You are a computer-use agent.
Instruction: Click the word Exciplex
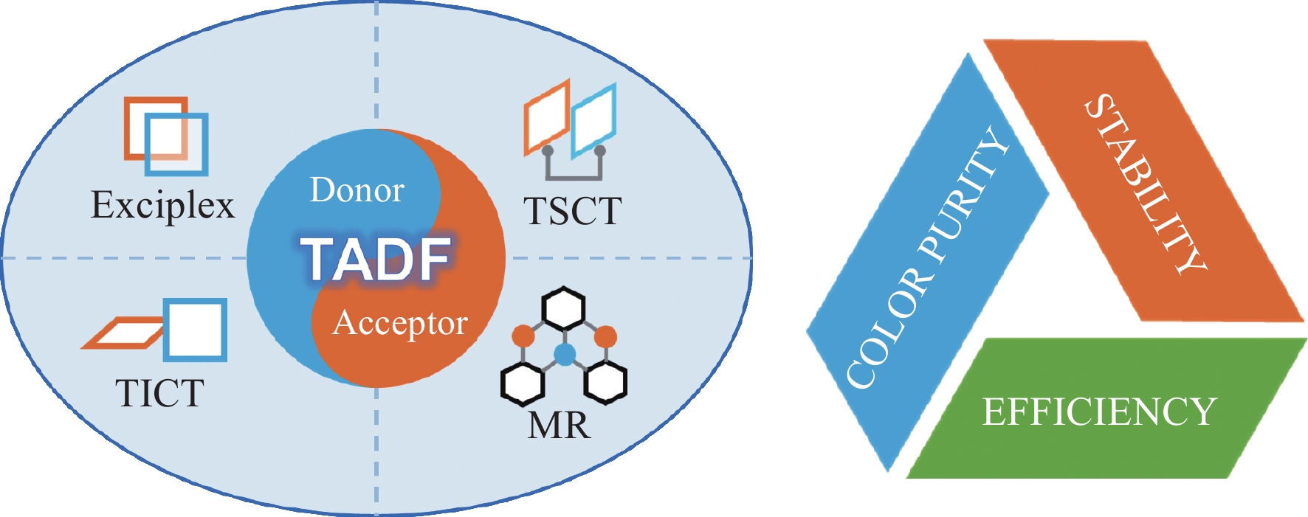(x=162, y=205)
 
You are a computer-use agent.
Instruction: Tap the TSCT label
(x=572, y=211)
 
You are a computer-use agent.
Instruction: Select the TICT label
(x=159, y=393)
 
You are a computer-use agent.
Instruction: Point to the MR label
(x=560, y=425)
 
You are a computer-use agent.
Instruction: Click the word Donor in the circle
(x=357, y=190)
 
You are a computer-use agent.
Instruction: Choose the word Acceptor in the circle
(x=400, y=323)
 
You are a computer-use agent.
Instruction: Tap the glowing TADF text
(x=376, y=259)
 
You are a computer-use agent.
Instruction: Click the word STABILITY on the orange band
(x=1144, y=184)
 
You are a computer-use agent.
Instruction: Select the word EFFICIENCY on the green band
(x=1098, y=412)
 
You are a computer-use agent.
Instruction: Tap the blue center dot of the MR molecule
(x=564, y=355)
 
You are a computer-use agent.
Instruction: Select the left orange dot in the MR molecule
(x=523, y=336)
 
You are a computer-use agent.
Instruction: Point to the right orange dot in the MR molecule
(x=605, y=336)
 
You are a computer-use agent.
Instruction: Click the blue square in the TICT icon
(x=195, y=330)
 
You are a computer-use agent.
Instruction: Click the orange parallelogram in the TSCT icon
(x=547, y=117)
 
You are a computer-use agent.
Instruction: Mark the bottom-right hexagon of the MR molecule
(x=605, y=381)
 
